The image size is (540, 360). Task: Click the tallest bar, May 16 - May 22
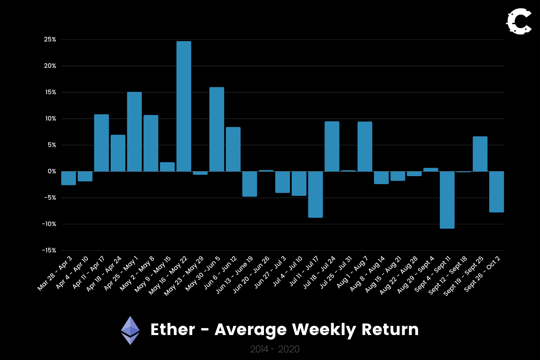coord(184,106)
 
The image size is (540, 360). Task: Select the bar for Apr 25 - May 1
coord(134,131)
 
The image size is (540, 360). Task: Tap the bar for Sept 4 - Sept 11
coord(447,200)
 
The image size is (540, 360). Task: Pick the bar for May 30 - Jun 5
coord(217,129)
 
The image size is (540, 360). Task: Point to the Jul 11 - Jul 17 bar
coord(315,194)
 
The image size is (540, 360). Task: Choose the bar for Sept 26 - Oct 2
coord(496,192)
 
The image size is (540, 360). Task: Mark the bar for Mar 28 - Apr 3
coord(69,178)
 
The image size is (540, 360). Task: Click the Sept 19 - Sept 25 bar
coord(480,154)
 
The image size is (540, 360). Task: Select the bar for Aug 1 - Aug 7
coord(365,146)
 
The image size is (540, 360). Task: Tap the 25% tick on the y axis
coord(50,40)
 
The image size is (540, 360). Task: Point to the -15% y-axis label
coord(49,250)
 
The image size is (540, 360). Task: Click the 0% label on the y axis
coord(52,172)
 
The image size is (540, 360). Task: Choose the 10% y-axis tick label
coord(50,119)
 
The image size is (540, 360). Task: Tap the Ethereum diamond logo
coord(130,330)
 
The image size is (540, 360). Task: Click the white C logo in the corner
coord(519,22)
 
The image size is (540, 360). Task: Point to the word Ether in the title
coord(173,330)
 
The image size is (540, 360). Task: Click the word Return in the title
coord(390,330)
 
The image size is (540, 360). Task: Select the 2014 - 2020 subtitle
coord(275,349)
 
